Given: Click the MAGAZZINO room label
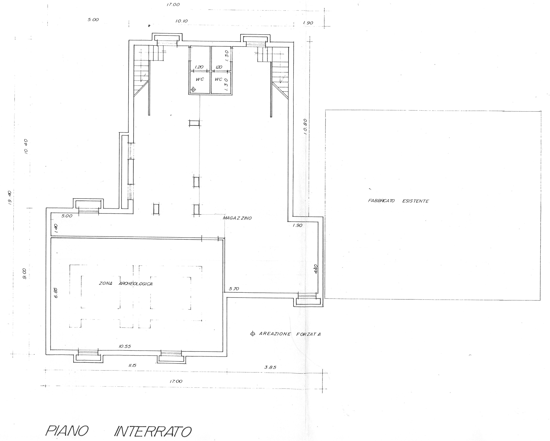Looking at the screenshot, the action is [x=237, y=218].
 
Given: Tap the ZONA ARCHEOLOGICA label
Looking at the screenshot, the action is [x=126, y=284].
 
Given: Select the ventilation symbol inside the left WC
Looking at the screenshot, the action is [x=193, y=89].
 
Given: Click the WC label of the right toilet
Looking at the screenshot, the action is [x=218, y=79].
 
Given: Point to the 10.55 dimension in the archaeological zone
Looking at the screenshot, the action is [x=125, y=346].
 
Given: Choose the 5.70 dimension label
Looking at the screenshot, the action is [x=234, y=289].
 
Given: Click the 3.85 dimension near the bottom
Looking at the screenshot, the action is [x=270, y=367].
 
